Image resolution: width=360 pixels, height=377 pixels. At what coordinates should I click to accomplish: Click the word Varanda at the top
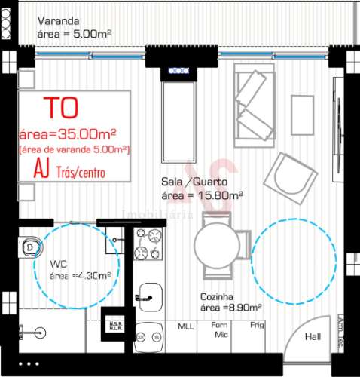tap(58, 22)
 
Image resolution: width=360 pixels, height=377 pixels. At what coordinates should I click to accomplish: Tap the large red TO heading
tap(60, 107)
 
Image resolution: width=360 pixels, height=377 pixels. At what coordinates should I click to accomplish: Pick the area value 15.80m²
tap(201, 195)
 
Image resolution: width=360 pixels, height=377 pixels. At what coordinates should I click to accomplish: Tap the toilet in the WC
tap(31, 246)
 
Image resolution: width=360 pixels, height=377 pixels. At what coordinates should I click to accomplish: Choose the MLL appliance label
tap(185, 326)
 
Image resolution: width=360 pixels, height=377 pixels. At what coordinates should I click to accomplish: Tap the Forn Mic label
tap(221, 330)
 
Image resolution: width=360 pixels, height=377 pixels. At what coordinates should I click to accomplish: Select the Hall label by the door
tap(311, 338)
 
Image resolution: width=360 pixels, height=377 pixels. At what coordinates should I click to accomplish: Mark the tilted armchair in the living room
tap(287, 177)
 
